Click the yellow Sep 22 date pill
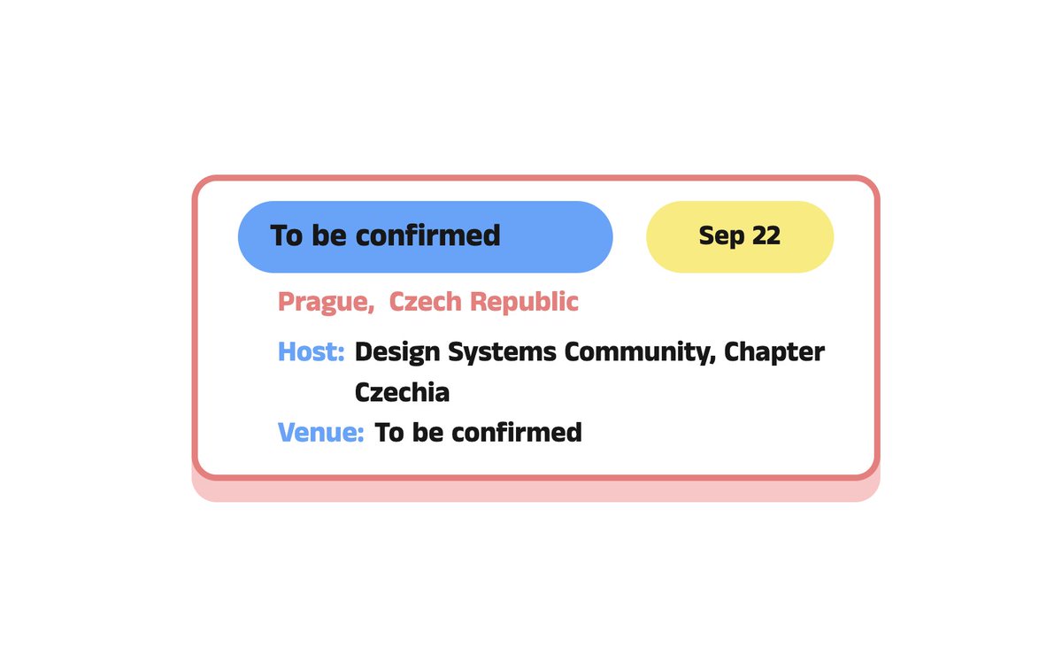point(740,236)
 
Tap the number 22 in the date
point(766,236)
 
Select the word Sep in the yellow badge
point(721,237)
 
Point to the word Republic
point(524,302)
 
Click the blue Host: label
point(312,352)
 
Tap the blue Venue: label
point(321,433)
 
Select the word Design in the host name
point(398,352)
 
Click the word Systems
point(503,352)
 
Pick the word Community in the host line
point(639,352)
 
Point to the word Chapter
point(774,352)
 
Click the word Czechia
point(402,392)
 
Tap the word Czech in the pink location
point(426,302)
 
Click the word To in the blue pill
point(287,236)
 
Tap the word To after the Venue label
point(389,433)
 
